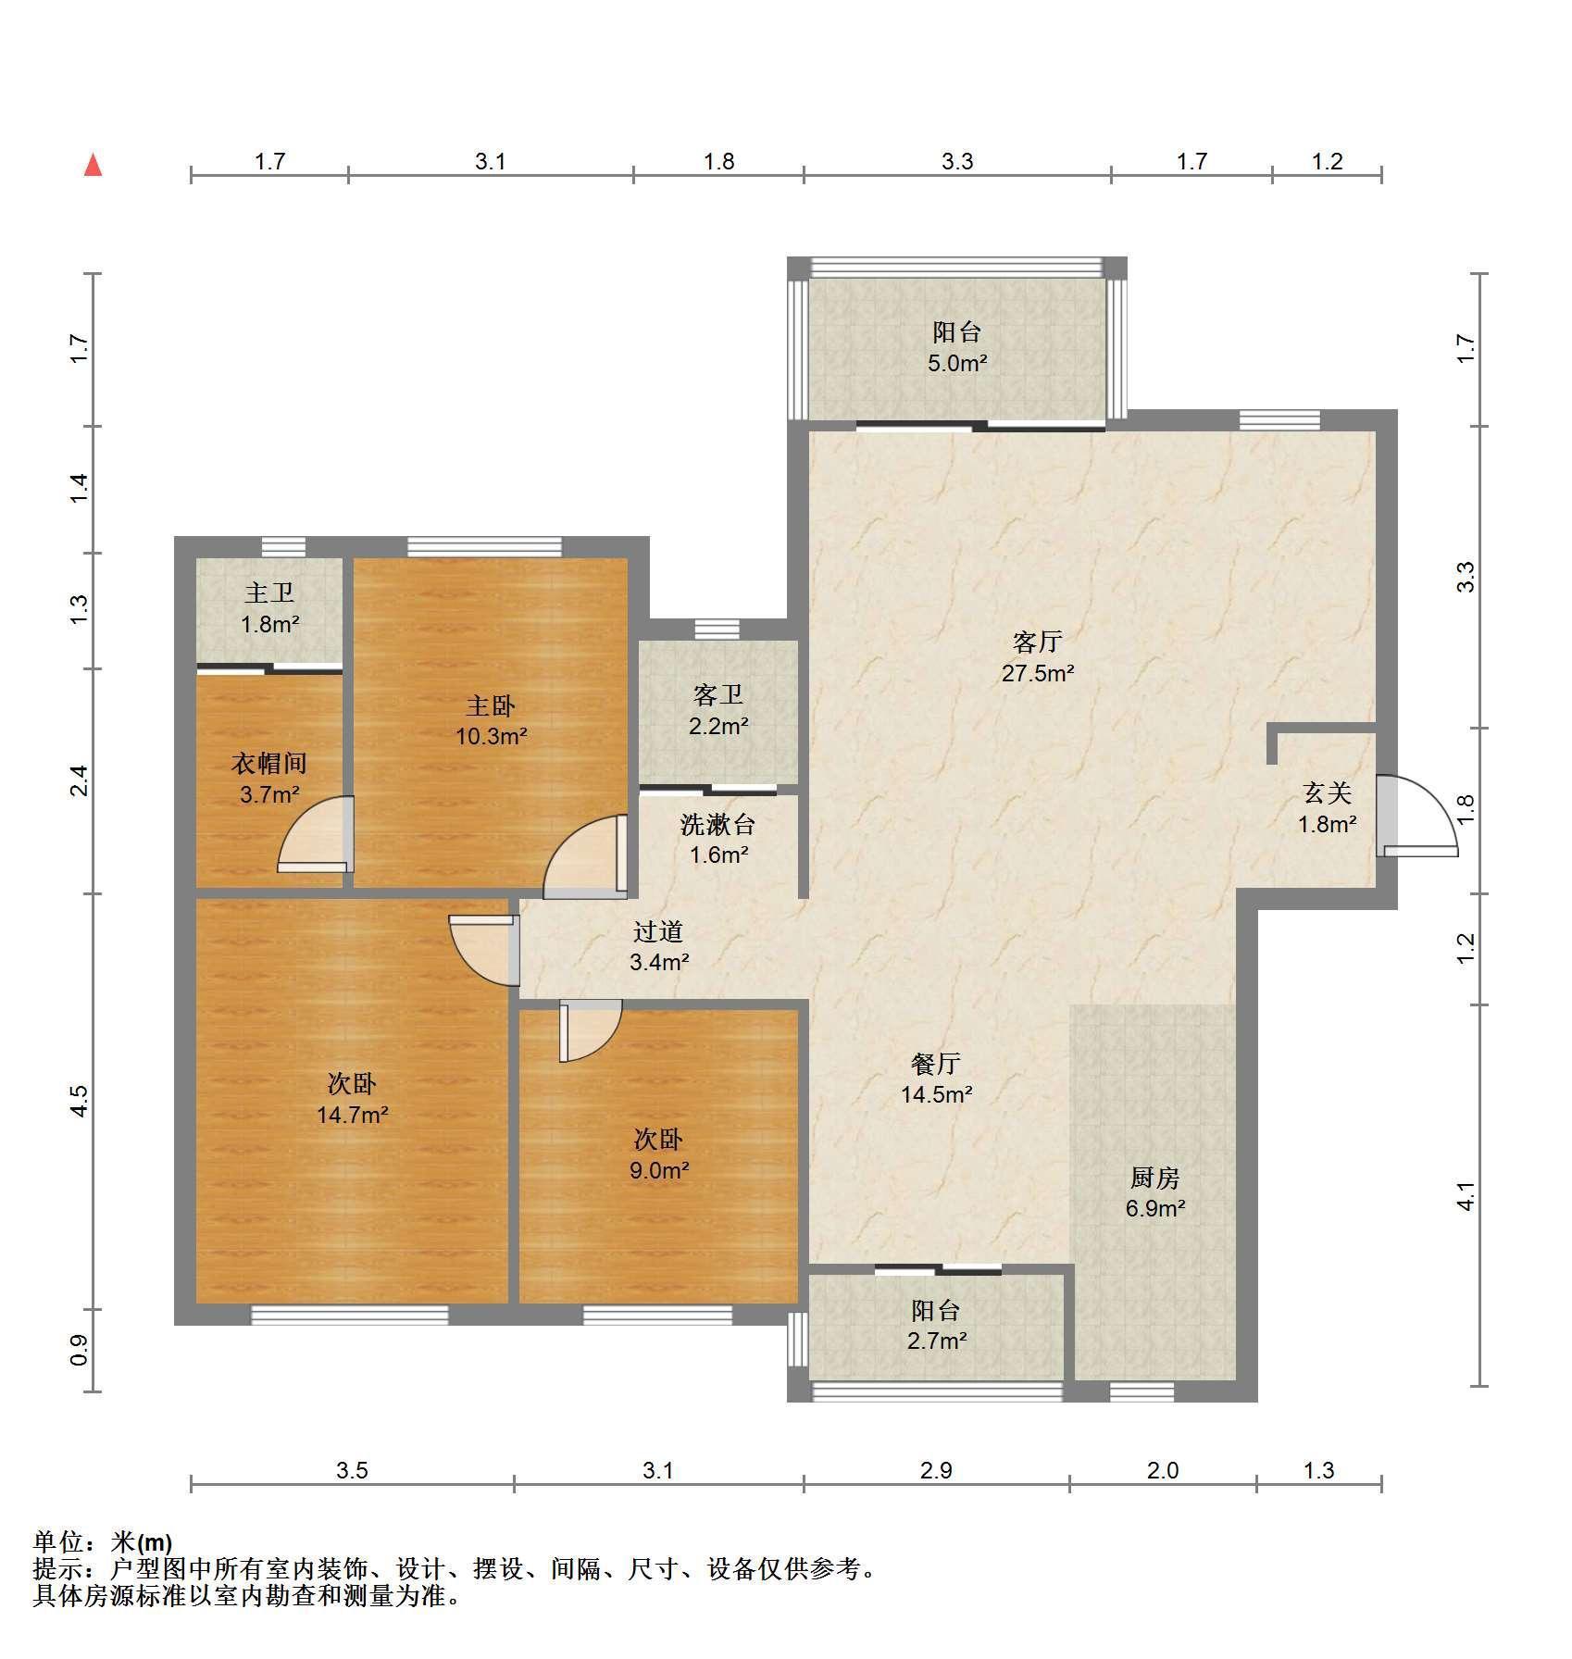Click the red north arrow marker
click(x=93, y=166)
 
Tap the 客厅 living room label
click(x=1037, y=642)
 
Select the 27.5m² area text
click(x=1037, y=673)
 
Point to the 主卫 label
click(x=269, y=592)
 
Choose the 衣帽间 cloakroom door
click(x=316, y=834)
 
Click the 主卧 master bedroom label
click(x=491, y=706)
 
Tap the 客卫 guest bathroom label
click(x=718, y=694)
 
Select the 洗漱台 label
click(x=718, y=824)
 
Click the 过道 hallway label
click(x=658, y=931)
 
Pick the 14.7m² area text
click(x=352, y=1115)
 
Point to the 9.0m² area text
click(x=659, y=1170)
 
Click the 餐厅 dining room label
click(x=936, y=1063)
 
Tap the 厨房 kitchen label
click(x=1155, y=1178)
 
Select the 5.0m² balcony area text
click(x=957, y=363)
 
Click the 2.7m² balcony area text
click(x=937, y=1341)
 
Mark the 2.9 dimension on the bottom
click(x=936, y=1470)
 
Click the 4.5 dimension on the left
click(x=80, y=1101)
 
